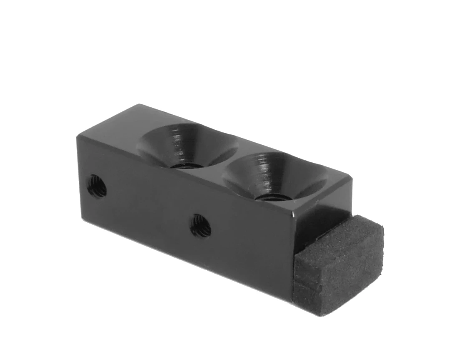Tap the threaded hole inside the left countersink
(x=186, y=164)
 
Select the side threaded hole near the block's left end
(x=97, y=186)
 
